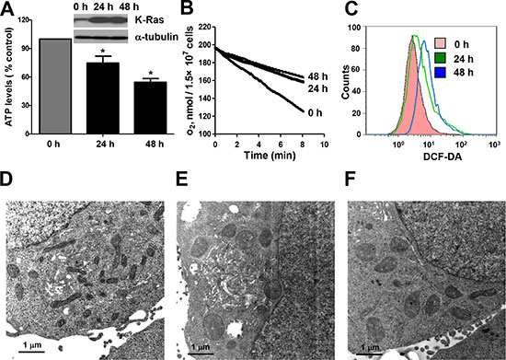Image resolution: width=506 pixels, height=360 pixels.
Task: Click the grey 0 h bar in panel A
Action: click(x=55, y=87)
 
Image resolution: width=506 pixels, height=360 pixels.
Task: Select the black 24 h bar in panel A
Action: click(x=103, y=99)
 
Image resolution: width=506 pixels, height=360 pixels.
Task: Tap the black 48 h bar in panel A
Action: click(x=150, y=108)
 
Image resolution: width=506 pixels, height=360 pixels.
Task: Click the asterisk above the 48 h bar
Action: click(x=150, y=73)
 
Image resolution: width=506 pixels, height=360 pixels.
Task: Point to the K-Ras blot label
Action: click(x=149, y=20)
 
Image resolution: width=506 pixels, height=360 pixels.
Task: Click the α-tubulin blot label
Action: click(x=155, y=37)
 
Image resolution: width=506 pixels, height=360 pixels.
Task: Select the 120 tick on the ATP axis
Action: click(x=25, y=20)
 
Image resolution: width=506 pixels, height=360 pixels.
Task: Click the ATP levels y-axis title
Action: click(x=8, y=76)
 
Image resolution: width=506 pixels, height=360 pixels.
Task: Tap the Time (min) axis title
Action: click(x=270, y=156)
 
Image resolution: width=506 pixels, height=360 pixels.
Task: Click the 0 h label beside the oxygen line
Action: click(x=315, y=113)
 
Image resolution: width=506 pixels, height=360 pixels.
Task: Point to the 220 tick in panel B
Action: click(x=204, y=27)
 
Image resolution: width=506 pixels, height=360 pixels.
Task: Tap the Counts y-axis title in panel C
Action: click(x=346, y=82)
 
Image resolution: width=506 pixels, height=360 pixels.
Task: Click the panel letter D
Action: click(x=6, y=180)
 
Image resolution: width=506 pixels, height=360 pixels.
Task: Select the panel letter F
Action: click(x=351, y=180)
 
